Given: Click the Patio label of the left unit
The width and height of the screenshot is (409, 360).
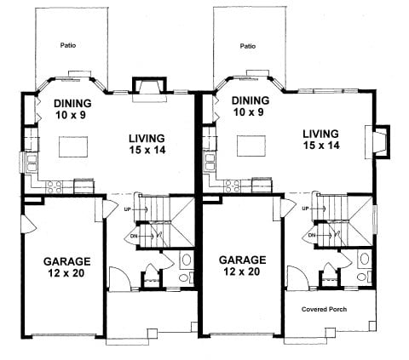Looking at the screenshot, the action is [x=68, y=45].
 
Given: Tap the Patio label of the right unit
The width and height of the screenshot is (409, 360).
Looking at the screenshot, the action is [x=248, y=46].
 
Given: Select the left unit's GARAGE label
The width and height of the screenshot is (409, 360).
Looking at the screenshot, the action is [x=67, y=261].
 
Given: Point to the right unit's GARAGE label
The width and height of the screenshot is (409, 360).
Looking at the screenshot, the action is [x=243, y=260].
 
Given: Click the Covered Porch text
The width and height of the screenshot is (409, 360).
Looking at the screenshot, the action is [x=324, y=309].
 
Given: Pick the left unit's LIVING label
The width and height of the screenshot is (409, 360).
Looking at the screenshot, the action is [x=147, y=139].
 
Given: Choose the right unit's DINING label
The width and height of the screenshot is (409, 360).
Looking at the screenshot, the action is [x=251, y=100].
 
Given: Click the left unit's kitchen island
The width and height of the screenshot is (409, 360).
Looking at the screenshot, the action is [x=73, y=146].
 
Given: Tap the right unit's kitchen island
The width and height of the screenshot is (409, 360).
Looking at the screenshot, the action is [x=251, y=146].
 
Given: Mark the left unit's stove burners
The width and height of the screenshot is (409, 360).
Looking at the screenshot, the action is [x=54, y=187].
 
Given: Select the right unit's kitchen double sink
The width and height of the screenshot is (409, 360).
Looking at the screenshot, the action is [x=210, y=162].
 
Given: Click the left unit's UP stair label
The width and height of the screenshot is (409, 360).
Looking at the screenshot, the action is [x=127, y=209].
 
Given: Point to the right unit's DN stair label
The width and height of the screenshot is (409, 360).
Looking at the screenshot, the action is [x=312, y=235].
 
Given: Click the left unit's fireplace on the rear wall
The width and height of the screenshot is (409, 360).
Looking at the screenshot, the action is [x=149, y=89].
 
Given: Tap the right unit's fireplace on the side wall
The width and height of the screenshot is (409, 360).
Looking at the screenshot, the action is [x=377, y=141].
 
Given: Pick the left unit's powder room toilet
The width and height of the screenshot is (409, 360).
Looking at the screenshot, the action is [x=184, y=276].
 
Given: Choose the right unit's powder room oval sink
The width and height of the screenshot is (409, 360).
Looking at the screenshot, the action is [x=365, y=259].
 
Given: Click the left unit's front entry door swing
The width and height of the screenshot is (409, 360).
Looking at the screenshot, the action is [x=119, y=278].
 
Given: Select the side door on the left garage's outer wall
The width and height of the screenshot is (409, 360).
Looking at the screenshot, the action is [x=29, y=224].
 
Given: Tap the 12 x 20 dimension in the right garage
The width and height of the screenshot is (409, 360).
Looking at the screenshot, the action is [x=242, y=271].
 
